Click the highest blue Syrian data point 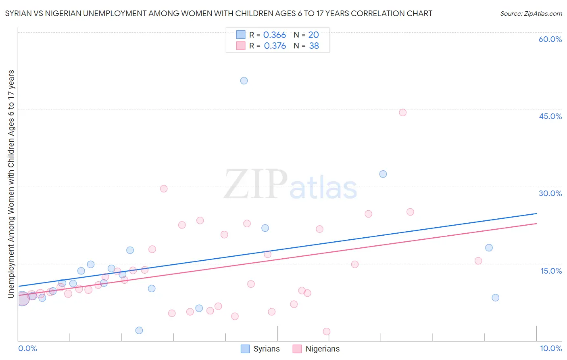244,81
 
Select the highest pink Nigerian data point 402,113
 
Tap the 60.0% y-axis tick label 550,39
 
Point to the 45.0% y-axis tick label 550,116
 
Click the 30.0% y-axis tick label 550,193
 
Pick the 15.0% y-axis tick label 551,271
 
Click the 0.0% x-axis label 27,348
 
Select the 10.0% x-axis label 550,348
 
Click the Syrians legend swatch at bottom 245,349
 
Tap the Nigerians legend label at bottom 322,349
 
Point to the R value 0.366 275,35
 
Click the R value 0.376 275,46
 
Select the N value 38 314,46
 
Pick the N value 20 313,35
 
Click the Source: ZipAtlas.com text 531,14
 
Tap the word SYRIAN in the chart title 19,14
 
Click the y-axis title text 11,184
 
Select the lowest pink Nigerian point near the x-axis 327,331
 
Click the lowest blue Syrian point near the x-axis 139,331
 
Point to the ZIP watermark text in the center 255,184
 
